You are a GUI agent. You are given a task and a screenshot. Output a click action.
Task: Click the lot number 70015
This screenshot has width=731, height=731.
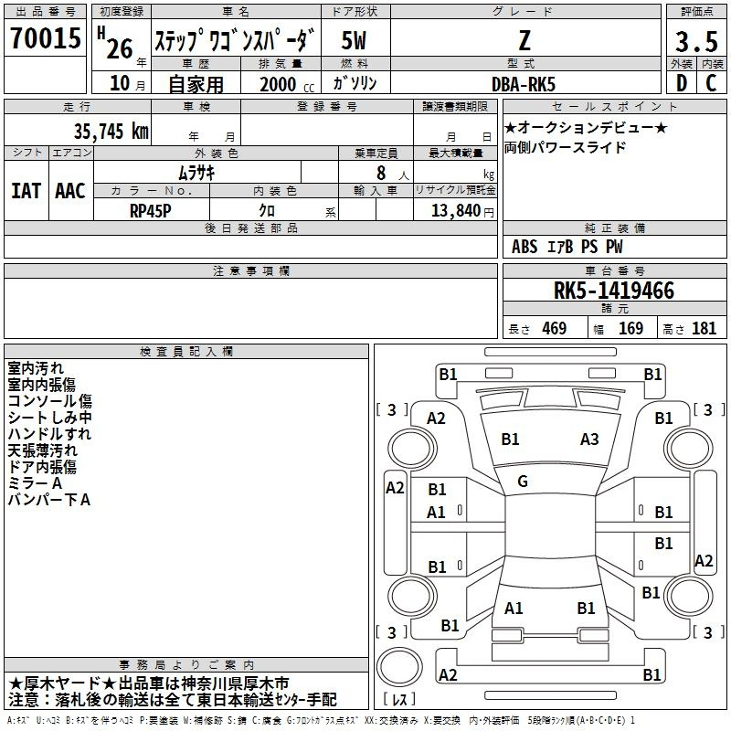tap(45, 37)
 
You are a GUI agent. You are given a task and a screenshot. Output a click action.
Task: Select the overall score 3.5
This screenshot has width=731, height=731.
tap(696, 42)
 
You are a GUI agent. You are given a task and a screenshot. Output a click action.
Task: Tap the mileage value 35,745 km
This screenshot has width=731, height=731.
tap(111, 132)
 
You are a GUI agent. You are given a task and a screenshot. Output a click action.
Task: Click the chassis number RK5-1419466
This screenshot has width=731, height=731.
tap(613, 291)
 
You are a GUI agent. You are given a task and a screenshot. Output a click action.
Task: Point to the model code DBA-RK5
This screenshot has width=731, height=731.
tap(524, 84)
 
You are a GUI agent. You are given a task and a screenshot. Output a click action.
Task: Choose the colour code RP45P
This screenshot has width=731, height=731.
tap(150, 211)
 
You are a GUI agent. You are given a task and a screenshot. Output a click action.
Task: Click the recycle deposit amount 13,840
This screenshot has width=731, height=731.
tap(456, 211)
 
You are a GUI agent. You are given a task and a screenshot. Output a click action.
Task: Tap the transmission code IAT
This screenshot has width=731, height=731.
tap(26, 191)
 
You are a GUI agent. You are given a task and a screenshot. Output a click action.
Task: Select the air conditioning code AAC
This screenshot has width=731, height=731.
tap(70, 191)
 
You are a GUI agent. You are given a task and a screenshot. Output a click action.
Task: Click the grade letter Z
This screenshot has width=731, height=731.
tap(524, 40)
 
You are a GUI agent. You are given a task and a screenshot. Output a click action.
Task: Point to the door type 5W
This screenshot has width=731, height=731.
tap(354, 40)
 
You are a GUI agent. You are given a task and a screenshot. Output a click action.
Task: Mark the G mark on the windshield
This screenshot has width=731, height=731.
tap(523, 482)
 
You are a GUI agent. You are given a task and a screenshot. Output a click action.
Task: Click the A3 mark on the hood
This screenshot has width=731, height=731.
tap(589, 440)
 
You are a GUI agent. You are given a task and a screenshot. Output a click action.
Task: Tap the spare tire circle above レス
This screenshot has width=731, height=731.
tap(399, 666)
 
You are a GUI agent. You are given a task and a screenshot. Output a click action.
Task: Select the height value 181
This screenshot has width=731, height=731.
tap(704, 328)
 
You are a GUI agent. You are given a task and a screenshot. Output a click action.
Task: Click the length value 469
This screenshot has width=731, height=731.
tap(555, 328)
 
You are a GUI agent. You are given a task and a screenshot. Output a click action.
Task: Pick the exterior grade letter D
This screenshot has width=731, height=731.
tap(682, 83)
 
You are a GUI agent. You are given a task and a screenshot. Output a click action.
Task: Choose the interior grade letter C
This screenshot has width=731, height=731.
tap(711, 83)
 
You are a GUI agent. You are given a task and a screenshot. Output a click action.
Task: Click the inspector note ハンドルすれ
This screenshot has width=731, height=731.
tap(49, 434)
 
